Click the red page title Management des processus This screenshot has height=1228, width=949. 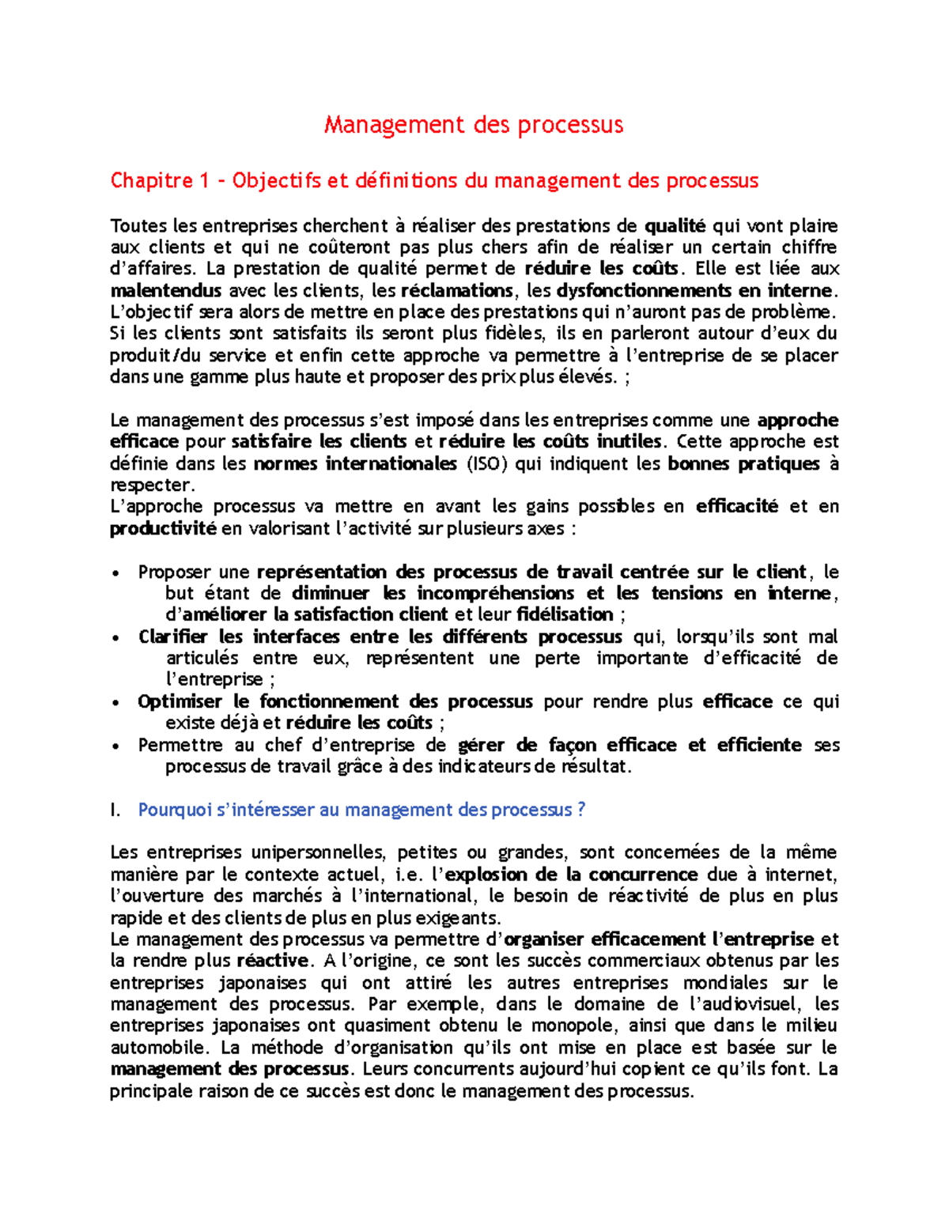(x=474, y=125)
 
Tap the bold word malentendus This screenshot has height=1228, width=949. (x=166, y=290)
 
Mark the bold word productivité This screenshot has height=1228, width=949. (x=163, y=528)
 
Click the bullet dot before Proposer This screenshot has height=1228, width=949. (x=116, y=573)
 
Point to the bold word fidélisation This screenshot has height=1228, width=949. (x=565, y=614)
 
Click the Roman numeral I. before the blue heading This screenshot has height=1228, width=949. (x=115, y=810)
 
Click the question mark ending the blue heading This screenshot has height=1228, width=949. (x=581, y=810)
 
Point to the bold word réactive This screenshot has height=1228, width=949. (x=272, y=961)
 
